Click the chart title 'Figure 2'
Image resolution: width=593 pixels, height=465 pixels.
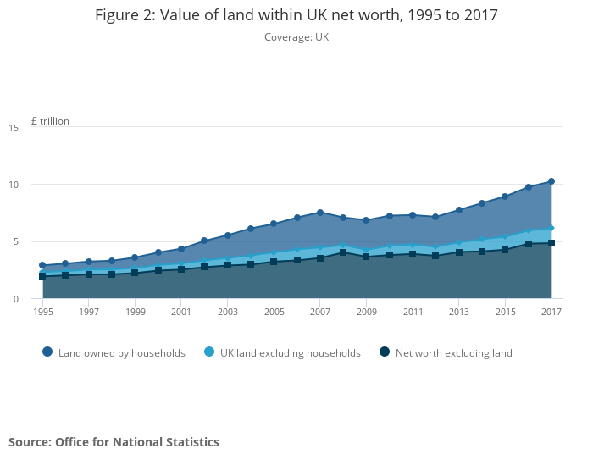click(296, 15)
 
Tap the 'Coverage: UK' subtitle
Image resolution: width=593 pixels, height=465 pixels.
click(296, 37)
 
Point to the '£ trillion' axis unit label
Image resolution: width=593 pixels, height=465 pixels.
click(50, 121)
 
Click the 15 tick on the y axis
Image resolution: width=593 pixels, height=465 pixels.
click(14, 128)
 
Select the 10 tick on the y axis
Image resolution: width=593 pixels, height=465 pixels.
click(14, 185)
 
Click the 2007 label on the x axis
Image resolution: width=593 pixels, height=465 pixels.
click(320, 312)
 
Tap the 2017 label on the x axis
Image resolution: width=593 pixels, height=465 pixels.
click(551, 312)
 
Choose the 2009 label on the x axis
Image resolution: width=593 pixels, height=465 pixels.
click(366, 312)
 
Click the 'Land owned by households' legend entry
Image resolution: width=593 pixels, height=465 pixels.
click(114, 352)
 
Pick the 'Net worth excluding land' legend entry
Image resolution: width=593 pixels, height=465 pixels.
click(446, 352)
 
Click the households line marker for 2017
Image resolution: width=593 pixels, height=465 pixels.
click(551, 181)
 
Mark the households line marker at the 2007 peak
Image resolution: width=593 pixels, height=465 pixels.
click(320, 213)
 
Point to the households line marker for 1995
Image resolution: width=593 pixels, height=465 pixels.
click(42, 265)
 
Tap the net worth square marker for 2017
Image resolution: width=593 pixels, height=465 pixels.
click(551, 243)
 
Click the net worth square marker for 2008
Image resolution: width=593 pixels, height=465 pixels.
click(343, 252)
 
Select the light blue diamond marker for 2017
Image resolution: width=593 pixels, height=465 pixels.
click(551, 228)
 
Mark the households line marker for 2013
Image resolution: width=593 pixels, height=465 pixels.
click(459, 210)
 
